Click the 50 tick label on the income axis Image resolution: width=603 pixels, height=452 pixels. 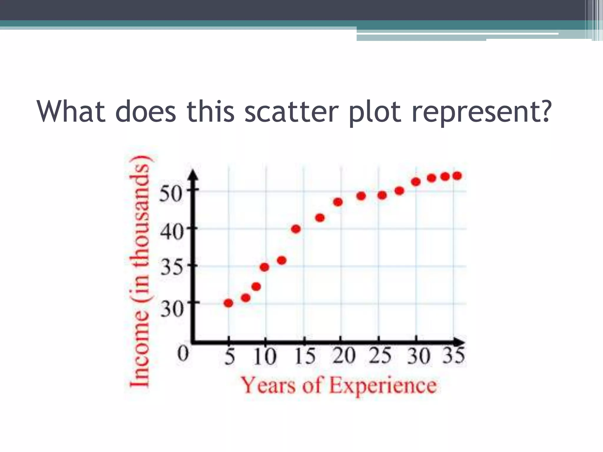(170, 194)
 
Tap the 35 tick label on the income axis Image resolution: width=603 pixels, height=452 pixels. (171, 268)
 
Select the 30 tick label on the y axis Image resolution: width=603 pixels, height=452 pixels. (172, 309)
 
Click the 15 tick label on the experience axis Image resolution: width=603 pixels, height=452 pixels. (304, 356)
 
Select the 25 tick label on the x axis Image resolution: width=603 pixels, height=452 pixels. (380, 355)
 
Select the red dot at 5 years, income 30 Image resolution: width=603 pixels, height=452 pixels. (228, 303)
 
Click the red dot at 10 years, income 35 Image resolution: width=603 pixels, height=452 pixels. (264, 267)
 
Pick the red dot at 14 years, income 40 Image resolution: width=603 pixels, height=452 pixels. (296, 229)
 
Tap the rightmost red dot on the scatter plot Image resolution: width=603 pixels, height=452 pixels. (457, 176)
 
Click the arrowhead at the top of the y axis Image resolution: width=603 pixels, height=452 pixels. (193, 175)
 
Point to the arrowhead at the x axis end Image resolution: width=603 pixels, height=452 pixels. (459, 342)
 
